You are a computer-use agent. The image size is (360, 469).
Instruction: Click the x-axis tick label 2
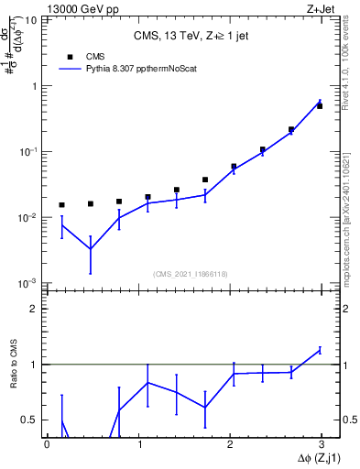(x=230, y=443)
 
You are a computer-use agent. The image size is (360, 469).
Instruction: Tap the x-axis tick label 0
(x=47, y=443)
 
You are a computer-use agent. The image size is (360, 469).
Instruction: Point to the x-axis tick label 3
(x=321, y=443)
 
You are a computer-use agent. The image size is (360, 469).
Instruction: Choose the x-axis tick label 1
(x=138, y=443)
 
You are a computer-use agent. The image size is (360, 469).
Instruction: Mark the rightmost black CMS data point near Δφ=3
(x=320, y=106)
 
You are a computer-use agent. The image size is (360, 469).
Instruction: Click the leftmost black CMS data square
(x=61, y=205)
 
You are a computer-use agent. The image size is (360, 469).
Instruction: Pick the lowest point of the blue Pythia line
(x=90, y=249)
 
